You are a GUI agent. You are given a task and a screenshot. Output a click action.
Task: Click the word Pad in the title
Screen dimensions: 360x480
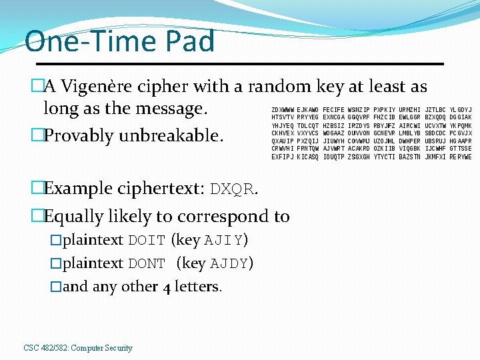coord(187,41)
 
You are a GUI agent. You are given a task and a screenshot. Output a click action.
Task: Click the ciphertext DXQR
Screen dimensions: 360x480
coord(232,189)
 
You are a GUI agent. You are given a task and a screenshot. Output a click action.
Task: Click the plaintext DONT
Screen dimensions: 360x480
coord(147,263)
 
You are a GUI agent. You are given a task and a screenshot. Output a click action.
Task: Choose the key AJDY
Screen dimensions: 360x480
coord(229,263)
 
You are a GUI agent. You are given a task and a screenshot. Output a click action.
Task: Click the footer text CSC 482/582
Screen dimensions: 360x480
coord(45,348)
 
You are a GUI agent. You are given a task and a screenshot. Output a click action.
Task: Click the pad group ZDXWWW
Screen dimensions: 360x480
coord(283,110)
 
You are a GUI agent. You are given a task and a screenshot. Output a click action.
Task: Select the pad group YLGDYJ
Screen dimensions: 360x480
coord(461,110)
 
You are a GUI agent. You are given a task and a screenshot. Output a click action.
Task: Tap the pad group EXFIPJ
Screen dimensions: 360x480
coord(283,157)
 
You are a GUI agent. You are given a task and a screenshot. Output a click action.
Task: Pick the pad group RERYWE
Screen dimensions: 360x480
coord(461,157)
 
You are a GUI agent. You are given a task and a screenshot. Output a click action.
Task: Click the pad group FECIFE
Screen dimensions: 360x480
coord(333,110)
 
